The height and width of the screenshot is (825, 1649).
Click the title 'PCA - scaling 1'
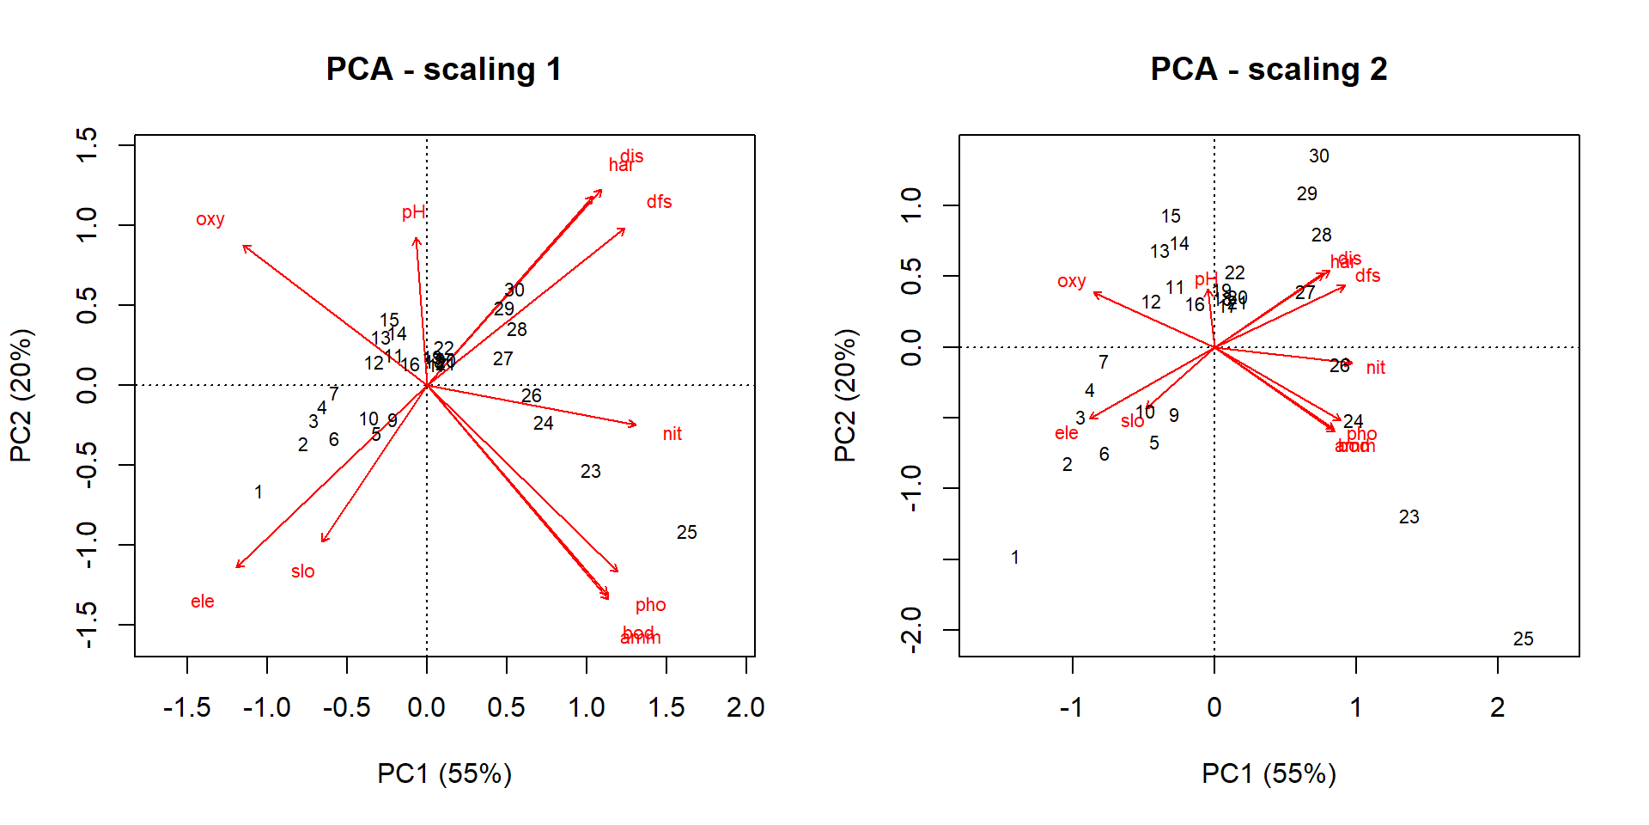pyautogui.click(x=444, y=69)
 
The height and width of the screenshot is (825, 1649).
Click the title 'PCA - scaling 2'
pyautogui.click(x=1269, y=69)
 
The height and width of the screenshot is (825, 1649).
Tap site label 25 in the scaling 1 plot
pyautogui.click(x=686, y=533)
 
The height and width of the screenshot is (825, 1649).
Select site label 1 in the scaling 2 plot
pyautogui.click(x=1015, y=558)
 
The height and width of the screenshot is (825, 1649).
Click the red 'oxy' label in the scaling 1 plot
pyautogui.click(x=210, y=219)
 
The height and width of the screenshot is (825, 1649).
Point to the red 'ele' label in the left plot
pyautogui.click(x=203, y=602)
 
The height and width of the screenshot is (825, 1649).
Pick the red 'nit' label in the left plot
pyautogui.click(x=672, y=434)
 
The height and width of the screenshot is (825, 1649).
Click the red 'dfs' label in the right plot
pyautogui.click(x=1368, y=276)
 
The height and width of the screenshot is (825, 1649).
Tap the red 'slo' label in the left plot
pyautogui.click(x=302, y=571)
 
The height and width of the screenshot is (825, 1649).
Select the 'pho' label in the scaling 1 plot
pyautogui.click(x=650, y=605)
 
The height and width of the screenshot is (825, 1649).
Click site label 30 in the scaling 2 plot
pyautogui.click(x=1319, y=156)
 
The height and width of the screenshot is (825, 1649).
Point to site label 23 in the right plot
pyautogui.click(x=1409, y=517)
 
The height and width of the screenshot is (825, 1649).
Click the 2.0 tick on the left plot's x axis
pyautogui.click(x=745, y=707)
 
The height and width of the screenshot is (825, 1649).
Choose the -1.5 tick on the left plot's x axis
pyautogui.click(x=187, y=707)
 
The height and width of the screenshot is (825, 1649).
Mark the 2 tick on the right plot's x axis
pyautogui.click(x=1498, y=707)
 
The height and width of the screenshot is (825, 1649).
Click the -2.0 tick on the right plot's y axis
pyautogui.click(x=912, y=630)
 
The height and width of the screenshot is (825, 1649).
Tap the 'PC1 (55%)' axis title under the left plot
pyautogui.click(x=444, y=773)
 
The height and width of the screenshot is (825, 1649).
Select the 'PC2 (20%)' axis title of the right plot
pyautogui.click(x=845, y=395)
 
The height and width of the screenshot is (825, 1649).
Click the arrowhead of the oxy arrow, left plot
pyautogui.click(x=244, y=246)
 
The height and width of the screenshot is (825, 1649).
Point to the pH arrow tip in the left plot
pyautogui.click(x=416, y=238)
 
